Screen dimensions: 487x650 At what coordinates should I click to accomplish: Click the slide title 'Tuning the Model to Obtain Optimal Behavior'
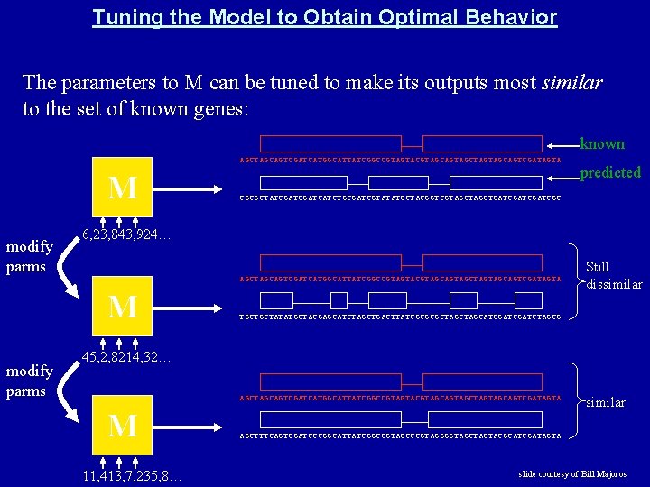(324, 17)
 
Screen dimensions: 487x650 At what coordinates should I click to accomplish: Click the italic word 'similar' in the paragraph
(571, 83)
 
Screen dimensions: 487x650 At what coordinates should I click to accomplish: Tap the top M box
(123, 188)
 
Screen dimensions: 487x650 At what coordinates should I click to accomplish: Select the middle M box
(123, 307)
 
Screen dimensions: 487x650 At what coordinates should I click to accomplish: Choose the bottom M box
(123, 425)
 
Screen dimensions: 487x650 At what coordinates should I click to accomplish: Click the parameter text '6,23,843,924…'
(126, 235)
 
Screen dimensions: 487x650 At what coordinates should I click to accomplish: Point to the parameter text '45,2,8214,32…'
(126, 358)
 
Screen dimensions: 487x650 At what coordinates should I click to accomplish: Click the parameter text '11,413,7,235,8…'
(129, 474)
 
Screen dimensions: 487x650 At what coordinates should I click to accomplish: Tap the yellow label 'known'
(602, 143)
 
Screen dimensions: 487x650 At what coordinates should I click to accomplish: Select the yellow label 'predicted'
(610, 172)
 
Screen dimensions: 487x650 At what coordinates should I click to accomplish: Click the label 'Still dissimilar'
(614, 275)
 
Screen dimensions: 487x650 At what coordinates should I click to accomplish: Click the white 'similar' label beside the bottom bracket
(606, 402)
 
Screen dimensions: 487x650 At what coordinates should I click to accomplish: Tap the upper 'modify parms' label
(26, 256)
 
